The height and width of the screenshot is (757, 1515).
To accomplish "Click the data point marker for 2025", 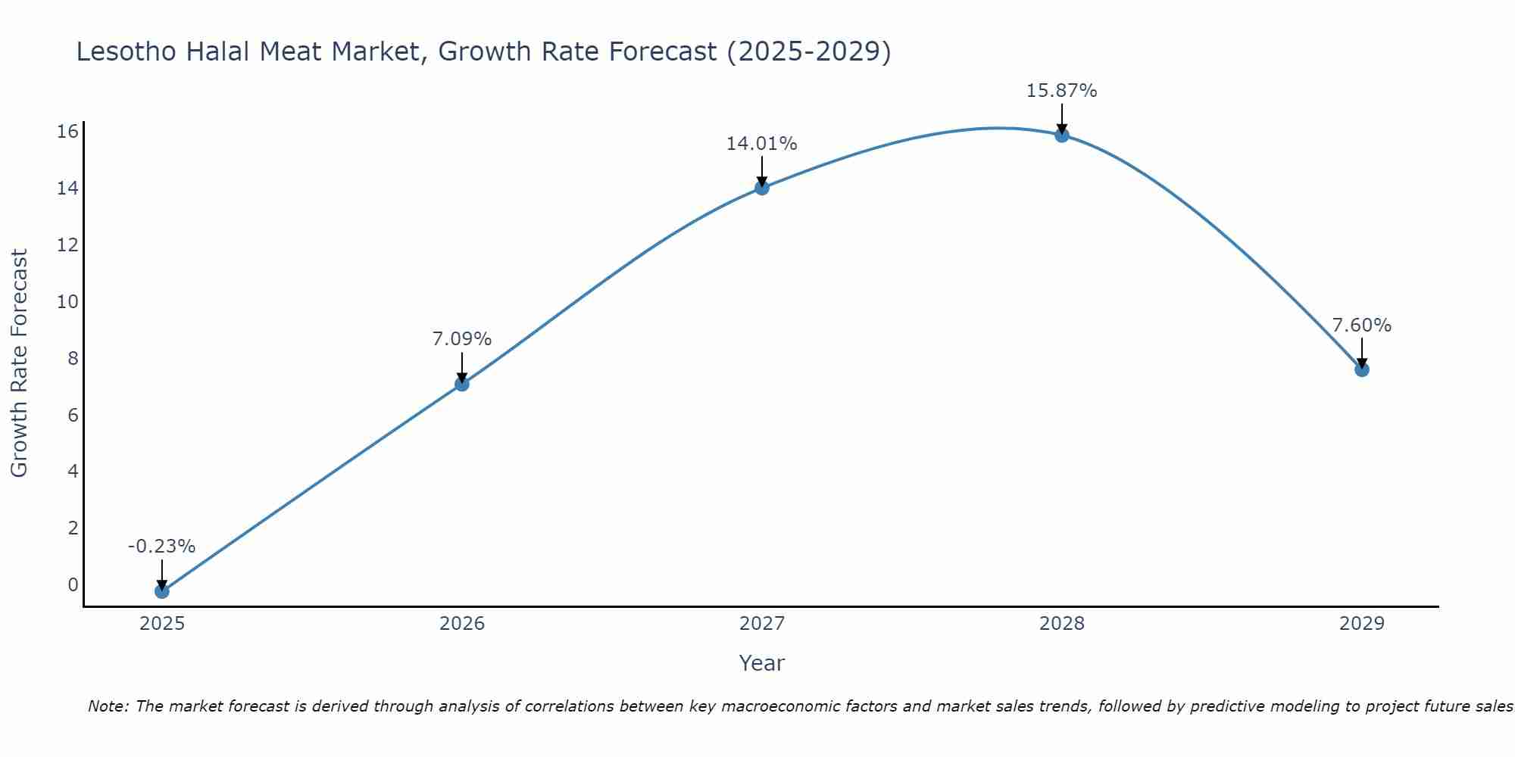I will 161,591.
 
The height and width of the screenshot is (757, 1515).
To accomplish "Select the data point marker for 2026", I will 461,384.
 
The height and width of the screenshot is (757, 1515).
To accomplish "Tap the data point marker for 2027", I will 761,188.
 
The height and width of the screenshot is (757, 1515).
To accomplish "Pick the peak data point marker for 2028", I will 1061,136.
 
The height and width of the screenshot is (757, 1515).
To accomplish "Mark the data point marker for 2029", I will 1361,369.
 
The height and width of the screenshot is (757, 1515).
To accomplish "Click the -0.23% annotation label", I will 161,547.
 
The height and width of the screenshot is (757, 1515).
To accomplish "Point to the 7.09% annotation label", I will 461,339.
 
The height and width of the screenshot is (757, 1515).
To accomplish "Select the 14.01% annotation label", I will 761,143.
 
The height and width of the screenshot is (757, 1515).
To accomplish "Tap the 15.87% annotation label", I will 1061,91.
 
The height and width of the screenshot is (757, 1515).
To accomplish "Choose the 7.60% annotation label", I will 1361,326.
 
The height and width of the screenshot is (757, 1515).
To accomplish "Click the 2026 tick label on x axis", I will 461,624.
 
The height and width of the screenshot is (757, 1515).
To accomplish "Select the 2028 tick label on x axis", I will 1061,624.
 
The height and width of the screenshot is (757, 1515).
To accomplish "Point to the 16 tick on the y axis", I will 67,132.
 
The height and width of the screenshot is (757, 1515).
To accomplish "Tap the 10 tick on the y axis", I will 67,301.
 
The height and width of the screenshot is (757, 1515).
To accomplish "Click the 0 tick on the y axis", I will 73,584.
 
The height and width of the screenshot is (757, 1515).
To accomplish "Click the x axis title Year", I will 761,663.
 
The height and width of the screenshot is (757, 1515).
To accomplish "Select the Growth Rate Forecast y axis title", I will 19,363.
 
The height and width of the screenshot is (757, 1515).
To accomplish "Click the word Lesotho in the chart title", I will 123,52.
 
